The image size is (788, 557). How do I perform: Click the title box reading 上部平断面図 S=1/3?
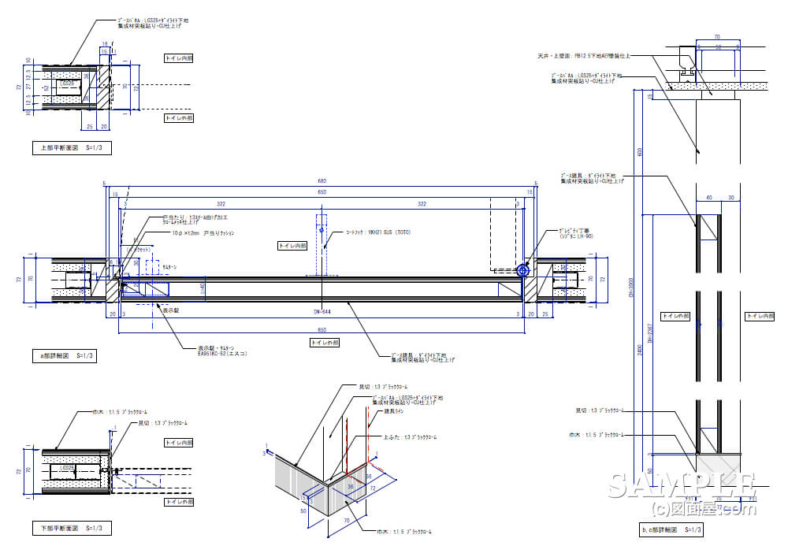(66, 147)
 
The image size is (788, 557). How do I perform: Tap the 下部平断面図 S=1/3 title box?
(66, 528)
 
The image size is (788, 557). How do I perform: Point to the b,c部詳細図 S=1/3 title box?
(670, 530)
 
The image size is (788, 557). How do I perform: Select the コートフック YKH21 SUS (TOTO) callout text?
(378, 232)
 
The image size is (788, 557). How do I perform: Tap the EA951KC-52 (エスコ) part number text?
(223, 354)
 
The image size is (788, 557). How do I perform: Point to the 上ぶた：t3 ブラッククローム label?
(410, 436)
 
